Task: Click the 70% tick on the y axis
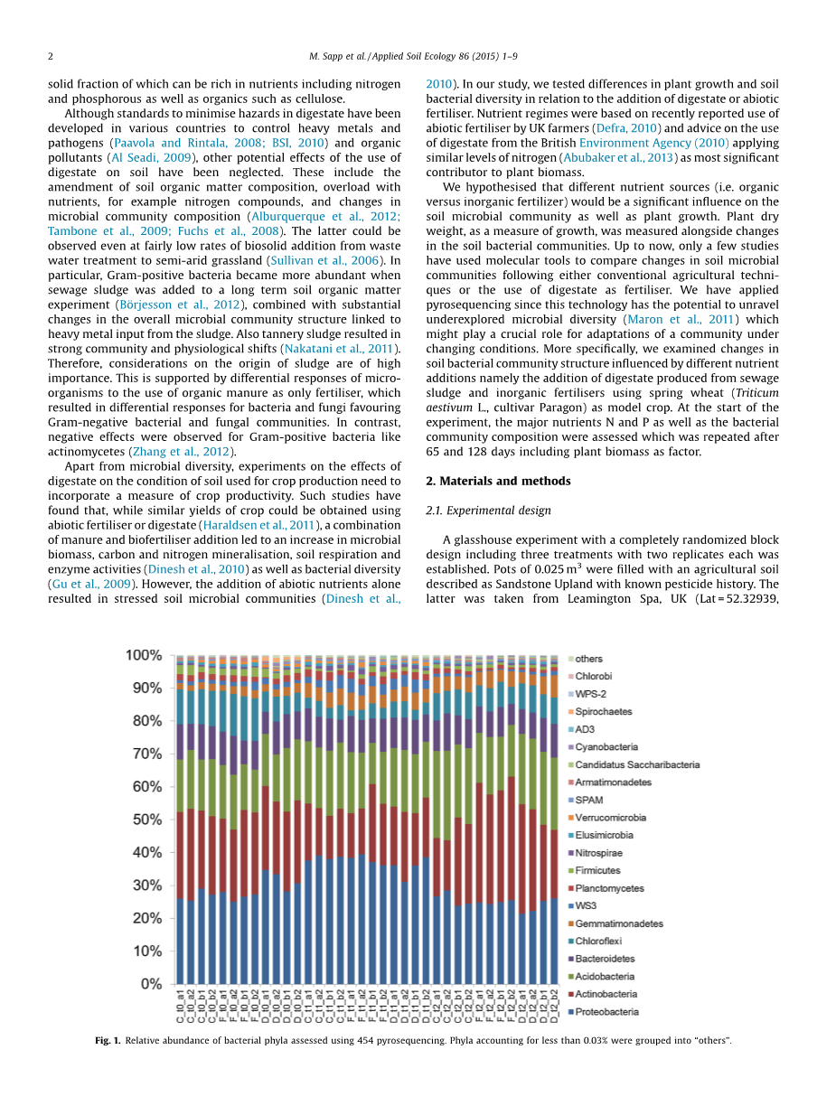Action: (144, 754)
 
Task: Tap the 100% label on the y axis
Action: (144, 655)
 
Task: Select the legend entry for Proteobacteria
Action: (606, 1012)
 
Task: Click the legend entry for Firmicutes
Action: (597, 871)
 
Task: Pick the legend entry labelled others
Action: (588, 659)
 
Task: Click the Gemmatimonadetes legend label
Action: (619, 923)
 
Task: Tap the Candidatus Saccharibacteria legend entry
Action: (637, 765)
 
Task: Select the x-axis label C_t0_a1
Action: (180, 1005)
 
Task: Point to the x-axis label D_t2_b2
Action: (554, 1005)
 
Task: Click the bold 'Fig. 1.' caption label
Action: (108, 1041)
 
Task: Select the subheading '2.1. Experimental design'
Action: (488, 511)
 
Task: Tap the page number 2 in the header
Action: (51, 56)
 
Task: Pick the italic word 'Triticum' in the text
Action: (756, 393)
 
